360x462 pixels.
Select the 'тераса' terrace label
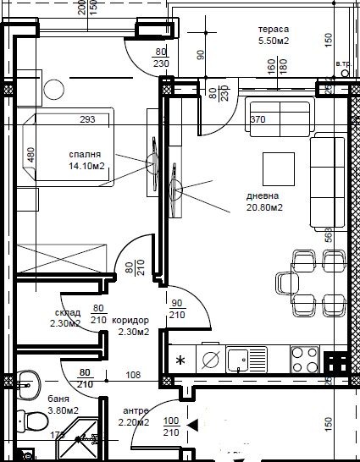(274, 28)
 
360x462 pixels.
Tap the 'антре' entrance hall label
(135, 411)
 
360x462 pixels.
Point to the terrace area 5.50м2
(274, 40)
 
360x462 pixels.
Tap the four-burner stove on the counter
(304, 359)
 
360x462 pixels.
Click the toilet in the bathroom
(34, 418)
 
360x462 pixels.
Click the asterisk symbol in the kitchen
(180, 360)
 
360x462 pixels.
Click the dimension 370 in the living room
(258, 119)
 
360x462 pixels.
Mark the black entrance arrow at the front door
(193, 425)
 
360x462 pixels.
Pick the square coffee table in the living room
(278, 165)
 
